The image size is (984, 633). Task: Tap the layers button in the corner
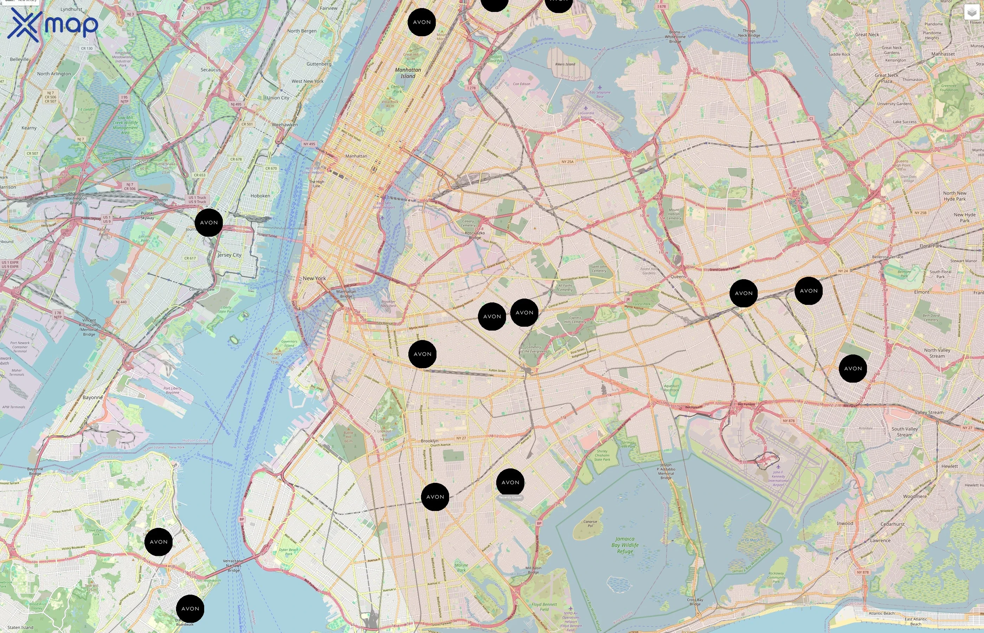tap(971, 12)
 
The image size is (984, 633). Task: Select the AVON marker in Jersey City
tap(209, 222)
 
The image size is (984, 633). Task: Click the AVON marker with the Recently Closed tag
tap(510, 482)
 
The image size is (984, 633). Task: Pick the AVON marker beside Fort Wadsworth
tap(190, 608)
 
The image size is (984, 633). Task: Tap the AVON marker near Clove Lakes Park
tap(158, 542)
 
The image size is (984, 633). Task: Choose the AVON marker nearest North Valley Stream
tap(853, 368)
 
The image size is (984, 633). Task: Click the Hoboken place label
tap(260, 196)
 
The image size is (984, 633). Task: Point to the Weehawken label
tap(285, 124)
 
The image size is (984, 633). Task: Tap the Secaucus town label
tap(210, 70)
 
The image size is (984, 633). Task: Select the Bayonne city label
tap(93, 397)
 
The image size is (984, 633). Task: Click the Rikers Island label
tap(565, 64)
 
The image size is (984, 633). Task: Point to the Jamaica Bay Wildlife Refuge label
tap(624, 545)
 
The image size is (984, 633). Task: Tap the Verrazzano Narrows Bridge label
tap(233, 565)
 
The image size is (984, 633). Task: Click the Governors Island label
tap(289, 343)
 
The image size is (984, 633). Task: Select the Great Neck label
tap(867, 34)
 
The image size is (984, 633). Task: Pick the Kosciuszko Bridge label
tap(475, 235)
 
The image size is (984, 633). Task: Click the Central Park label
tap(397, 89)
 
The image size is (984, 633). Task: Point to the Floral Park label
tap(931, 246)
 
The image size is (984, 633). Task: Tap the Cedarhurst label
tap(892, 524)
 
